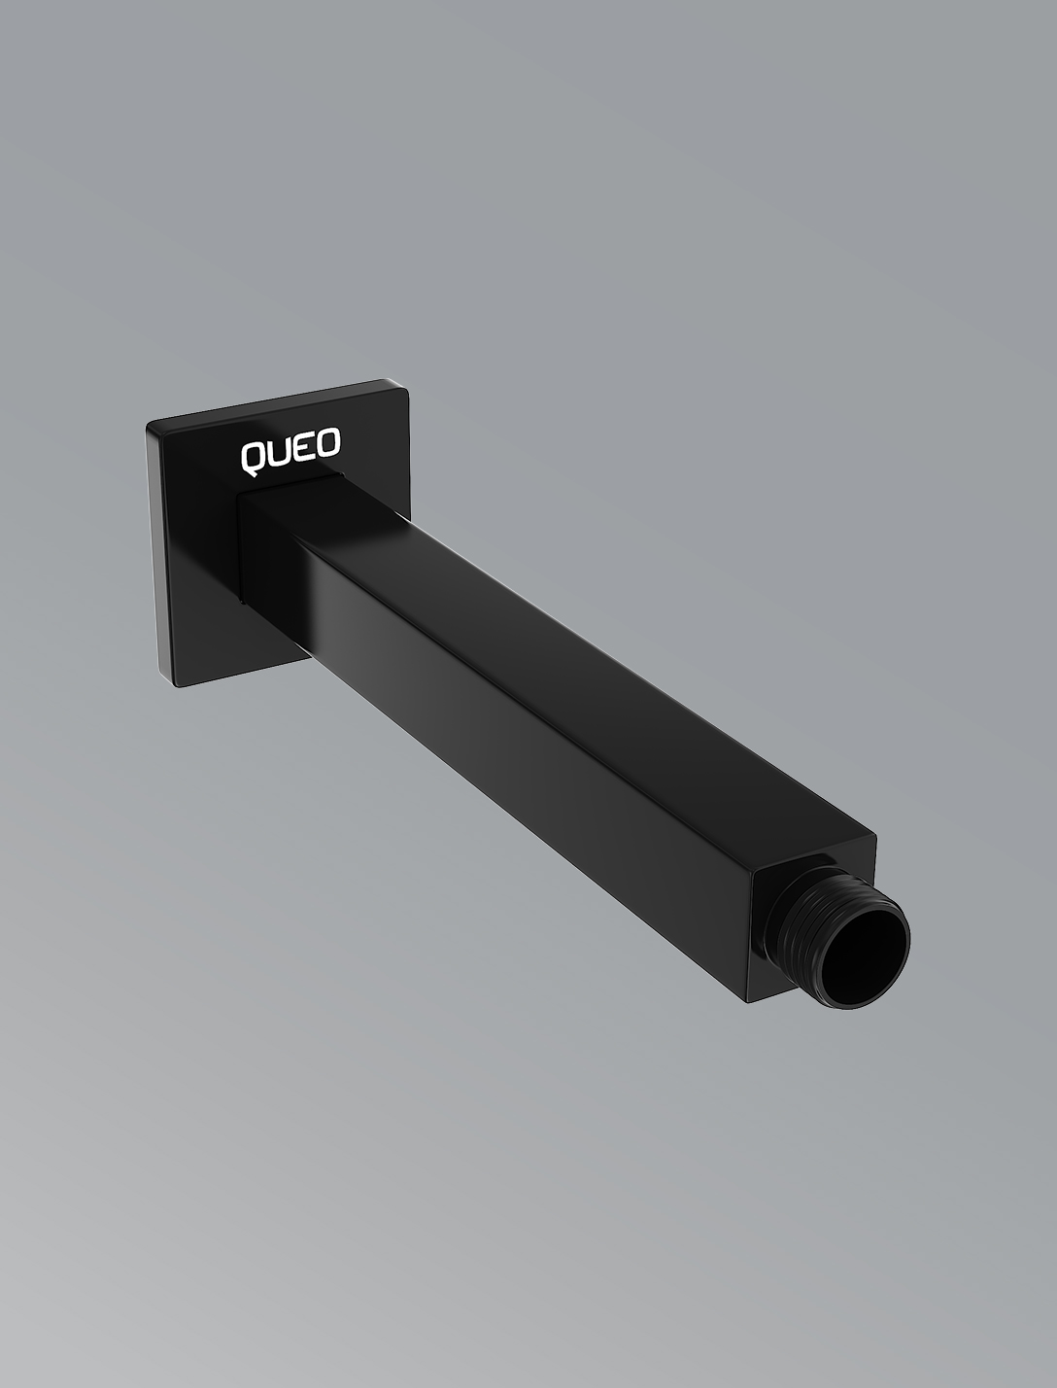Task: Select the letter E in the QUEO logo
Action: [303, 448]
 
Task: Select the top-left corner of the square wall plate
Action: [149, 427]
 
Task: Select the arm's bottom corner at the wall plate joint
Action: [244, 603]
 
